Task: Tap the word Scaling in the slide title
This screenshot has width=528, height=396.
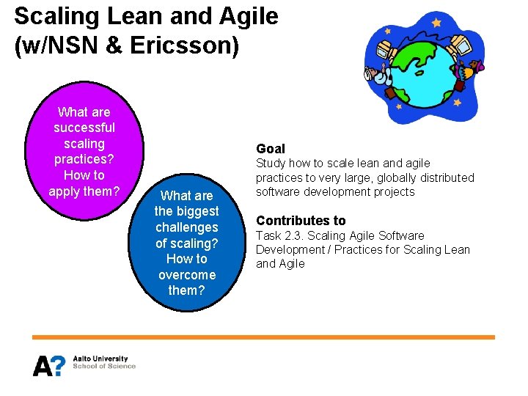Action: [51, 16]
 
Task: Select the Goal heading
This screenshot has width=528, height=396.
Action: [271, 148]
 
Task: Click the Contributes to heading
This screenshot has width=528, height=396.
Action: [301, 221]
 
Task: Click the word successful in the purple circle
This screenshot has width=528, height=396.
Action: [84, 128]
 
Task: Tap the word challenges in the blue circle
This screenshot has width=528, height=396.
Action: [186, 227]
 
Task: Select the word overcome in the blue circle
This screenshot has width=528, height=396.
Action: [186, 275]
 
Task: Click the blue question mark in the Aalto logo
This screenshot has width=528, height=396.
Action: [56, 364]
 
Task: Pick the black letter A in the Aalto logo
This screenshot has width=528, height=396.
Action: [41, 365]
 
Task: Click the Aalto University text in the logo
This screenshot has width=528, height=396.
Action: [100, 359]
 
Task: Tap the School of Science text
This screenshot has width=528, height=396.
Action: [104, 366]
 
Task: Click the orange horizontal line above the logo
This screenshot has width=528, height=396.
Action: [263, 337]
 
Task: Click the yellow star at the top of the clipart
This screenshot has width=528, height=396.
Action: [436, 23]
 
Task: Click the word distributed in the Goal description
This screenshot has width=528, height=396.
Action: [444, 177]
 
